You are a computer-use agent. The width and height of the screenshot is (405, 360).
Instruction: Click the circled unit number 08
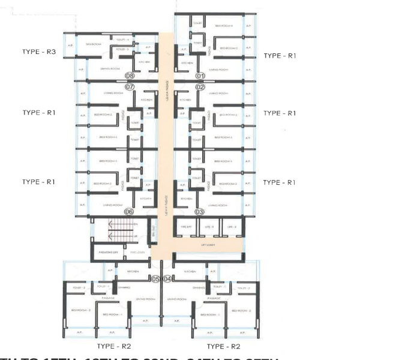130,76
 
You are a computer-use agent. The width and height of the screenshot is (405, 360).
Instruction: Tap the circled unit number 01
200,76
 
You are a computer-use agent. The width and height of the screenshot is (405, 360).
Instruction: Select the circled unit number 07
130,87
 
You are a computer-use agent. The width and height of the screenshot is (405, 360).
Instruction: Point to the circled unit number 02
200,87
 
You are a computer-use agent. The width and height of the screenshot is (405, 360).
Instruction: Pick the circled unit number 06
128,212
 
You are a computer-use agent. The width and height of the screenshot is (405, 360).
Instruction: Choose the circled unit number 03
200,212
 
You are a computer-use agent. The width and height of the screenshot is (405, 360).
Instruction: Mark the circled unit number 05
155,279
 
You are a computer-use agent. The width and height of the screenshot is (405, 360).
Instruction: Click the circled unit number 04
167,279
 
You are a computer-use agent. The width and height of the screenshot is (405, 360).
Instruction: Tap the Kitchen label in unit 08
143,62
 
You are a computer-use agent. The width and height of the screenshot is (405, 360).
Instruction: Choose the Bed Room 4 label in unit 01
223,26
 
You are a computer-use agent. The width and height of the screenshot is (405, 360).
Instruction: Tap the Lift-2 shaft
232,227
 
